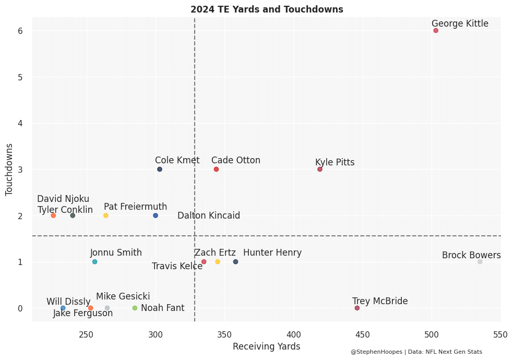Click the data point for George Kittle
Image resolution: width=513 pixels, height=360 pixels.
click(436, 30)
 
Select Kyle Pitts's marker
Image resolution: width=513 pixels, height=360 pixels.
click(320, 169)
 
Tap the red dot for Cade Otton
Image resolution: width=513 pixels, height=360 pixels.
click(216, 169)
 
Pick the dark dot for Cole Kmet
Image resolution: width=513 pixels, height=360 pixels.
click(160, 169)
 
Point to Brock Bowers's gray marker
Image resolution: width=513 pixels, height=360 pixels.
click(480, 262)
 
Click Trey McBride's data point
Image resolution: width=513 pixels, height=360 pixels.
click(357, 308)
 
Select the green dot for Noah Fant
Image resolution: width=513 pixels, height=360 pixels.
click(135, 308)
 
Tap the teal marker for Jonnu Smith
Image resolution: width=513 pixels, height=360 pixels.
click(94, 262)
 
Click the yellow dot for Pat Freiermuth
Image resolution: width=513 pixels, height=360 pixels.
click(105, 215)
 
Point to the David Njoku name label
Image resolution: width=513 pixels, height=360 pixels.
click(63, 199)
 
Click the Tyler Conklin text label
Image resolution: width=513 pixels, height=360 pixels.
click(65, 210)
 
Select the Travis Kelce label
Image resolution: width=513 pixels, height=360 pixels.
click(177, 266)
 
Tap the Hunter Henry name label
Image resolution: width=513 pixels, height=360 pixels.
click(272, 253)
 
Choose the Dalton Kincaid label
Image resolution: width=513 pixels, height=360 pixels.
click(209, 215)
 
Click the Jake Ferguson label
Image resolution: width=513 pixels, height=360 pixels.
click(83, 313)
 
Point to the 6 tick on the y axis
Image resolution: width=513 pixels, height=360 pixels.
click(20, 31)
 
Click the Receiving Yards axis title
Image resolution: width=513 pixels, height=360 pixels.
click(266, 346)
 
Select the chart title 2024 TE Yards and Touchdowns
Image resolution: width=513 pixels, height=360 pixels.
click(267, 9)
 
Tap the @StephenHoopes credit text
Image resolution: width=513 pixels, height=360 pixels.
click(416, 352)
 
